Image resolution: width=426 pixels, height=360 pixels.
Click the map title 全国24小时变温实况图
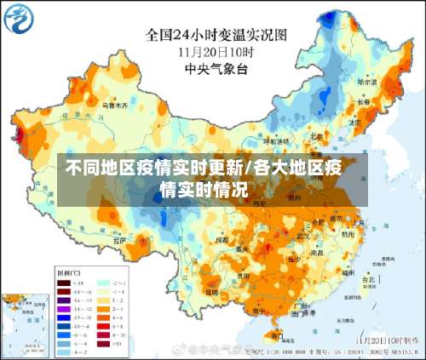[x=216, y=35]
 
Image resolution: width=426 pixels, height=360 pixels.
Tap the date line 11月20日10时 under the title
[x=216, y=50]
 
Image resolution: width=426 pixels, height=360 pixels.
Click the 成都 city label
[x=223, y=241]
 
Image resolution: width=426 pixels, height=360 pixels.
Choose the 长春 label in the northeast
[x=365, y=101]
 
